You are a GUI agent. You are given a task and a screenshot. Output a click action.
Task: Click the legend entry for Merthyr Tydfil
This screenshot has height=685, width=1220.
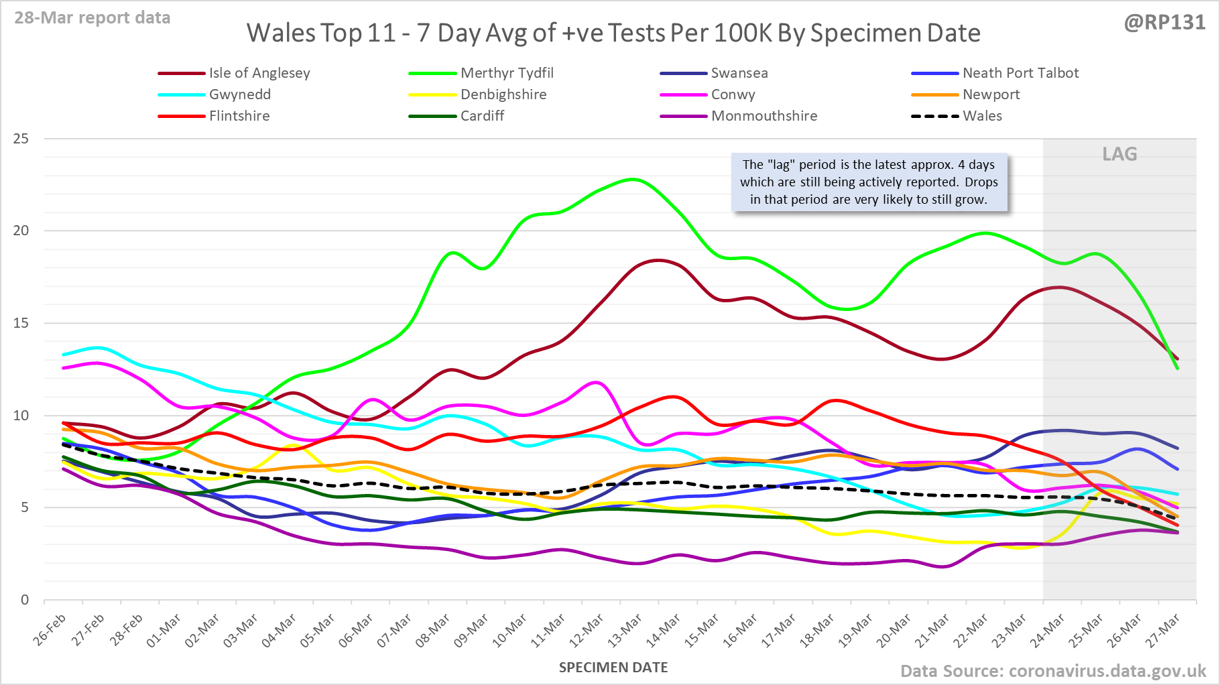coord(507,73)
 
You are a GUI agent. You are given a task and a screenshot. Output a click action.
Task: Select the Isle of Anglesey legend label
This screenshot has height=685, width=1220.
coord(259,73)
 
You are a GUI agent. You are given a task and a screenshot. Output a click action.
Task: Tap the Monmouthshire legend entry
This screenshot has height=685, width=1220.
coord(764,116)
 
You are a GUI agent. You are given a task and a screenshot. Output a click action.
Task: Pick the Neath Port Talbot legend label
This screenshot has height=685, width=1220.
coord(1020,73)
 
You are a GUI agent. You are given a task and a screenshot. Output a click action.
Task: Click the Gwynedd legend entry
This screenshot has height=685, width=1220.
coord(239,95)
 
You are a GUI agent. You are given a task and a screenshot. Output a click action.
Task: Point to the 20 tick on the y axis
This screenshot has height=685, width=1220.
coord(21,231)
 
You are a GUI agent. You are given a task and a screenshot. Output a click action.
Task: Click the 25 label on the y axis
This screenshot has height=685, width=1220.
coord(21,139)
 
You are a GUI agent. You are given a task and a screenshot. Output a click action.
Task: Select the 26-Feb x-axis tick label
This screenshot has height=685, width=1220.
coord(50,630)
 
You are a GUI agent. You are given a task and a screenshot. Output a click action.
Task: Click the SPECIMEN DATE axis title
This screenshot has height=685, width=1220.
coord(613,668)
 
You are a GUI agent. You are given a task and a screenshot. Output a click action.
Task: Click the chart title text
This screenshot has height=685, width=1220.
coord(613,33)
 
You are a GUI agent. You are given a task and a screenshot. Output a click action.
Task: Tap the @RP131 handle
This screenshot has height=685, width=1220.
coord(1164,22)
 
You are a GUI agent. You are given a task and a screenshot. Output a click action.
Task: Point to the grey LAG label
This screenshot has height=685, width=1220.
coord(1119,154)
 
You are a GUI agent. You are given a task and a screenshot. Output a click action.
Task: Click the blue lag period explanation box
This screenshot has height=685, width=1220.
coord(869,182)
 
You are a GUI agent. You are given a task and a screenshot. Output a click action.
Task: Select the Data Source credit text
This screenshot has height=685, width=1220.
coord(1052,671)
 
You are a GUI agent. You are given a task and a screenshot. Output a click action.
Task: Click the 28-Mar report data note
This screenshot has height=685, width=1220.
coord(93,17)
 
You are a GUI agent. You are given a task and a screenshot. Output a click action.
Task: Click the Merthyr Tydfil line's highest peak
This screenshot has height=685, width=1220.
coord(632,179)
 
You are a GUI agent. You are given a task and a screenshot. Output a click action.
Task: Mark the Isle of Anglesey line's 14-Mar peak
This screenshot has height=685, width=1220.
coord(659,260)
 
